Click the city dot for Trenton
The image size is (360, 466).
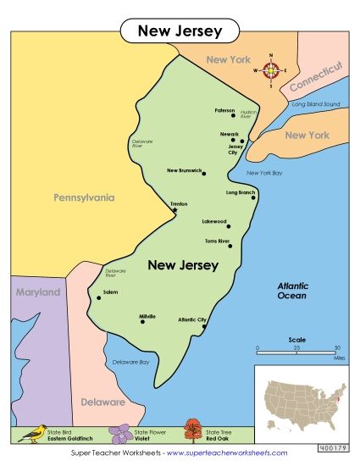tap(175, 211)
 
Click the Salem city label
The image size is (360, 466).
tap(109, 291)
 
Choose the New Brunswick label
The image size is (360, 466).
tap(184, 170)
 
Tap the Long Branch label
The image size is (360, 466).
tap(240, 192)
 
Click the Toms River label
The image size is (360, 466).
tap(217, 241)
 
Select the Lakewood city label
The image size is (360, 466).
tap(213, 221)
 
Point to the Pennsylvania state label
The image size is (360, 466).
tap(84, 197)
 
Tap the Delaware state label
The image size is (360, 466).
tap(103, 402)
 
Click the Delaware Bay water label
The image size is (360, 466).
tap(131, 362)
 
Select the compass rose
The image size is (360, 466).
tap(271, 70)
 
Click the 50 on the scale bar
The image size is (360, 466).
tap(336, 348)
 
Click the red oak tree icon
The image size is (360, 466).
tap(193, 432)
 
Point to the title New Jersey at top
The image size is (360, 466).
tap(180, 31)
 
